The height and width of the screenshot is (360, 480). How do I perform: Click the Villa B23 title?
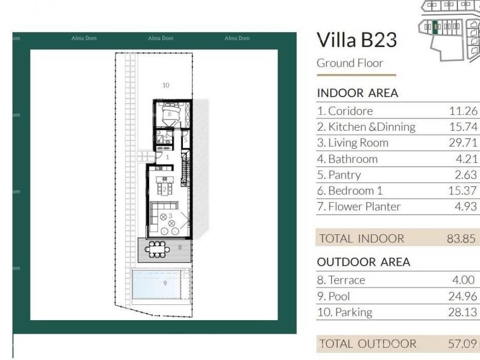click(357, 40)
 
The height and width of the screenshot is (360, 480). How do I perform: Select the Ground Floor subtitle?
click(350, 63)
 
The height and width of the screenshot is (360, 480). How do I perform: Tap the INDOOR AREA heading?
click(358, 93)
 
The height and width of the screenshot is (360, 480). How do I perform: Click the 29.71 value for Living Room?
click(463, 142)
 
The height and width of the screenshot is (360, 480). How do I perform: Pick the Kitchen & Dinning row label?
click(366, 127)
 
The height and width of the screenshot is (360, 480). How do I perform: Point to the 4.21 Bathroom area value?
click(466, 159)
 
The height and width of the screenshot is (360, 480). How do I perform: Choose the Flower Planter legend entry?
click(359, 206)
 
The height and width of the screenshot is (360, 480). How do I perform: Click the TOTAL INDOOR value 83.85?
click(461, 239)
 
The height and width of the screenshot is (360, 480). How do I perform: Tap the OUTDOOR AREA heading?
click(364, 262)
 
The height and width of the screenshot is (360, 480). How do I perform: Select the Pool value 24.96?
click(463, 296)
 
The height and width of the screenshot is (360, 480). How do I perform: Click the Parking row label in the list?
click(345, 312)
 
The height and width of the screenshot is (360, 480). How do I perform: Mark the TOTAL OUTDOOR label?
click(368, 344)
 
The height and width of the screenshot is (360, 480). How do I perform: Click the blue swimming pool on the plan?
click(156, 284)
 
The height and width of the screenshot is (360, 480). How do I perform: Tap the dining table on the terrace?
click(157, 249)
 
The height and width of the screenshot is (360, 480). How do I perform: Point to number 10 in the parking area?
click(165, 85)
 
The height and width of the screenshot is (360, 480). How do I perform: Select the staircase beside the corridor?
click(186, 168)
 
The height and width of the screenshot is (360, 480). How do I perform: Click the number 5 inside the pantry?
click(185, 140)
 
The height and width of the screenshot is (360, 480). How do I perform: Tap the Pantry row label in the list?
click(339, 175)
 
